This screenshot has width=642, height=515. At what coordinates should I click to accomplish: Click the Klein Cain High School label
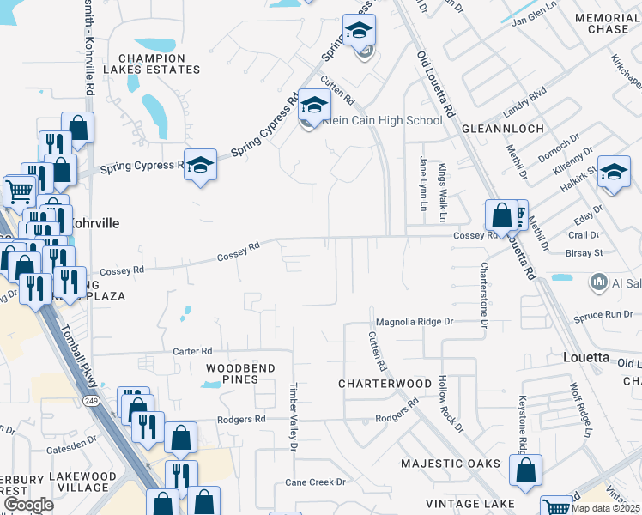(x=383, y=121)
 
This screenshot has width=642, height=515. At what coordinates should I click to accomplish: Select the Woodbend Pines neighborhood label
(x=240, y=373)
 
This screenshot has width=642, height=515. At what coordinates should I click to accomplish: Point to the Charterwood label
(x=385, y=384)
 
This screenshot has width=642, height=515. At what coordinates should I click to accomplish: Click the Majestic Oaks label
(x=451, y=463)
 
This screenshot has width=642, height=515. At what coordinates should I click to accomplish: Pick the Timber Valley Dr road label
(x=294, y=416)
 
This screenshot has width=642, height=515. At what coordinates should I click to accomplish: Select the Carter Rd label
(x=192, y=351)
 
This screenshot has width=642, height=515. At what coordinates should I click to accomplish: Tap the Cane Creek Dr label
(x=315, y=482)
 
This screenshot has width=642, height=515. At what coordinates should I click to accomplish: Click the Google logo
(x=28, y=504)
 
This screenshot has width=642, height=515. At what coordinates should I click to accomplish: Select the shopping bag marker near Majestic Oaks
(x=525, y=470)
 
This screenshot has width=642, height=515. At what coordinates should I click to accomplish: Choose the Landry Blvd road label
(x=525, y=100)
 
